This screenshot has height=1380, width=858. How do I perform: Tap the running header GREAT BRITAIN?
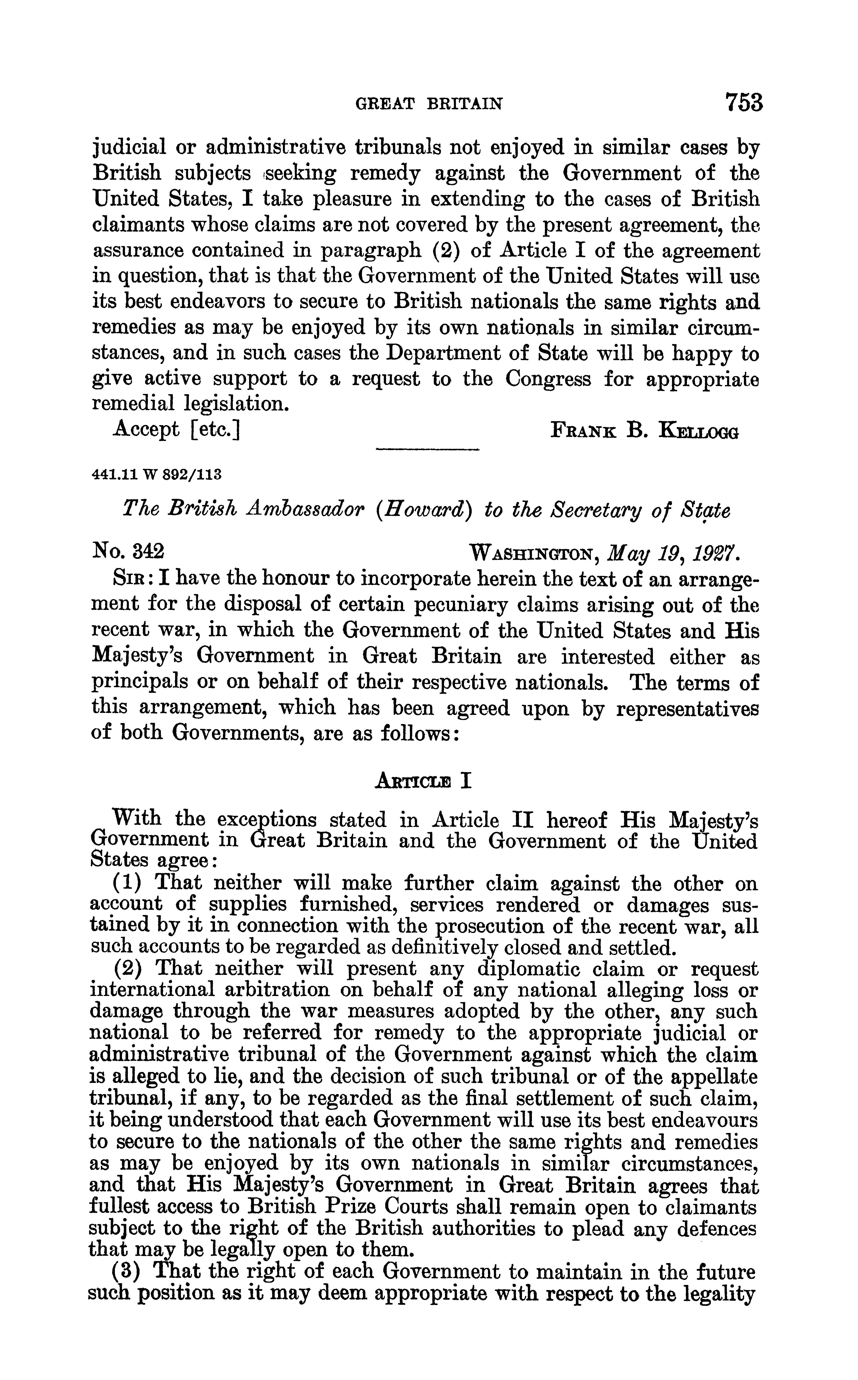point(428,104)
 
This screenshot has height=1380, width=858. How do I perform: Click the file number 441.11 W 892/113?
point(156,474)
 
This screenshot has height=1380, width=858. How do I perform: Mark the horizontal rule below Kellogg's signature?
point(428,450)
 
